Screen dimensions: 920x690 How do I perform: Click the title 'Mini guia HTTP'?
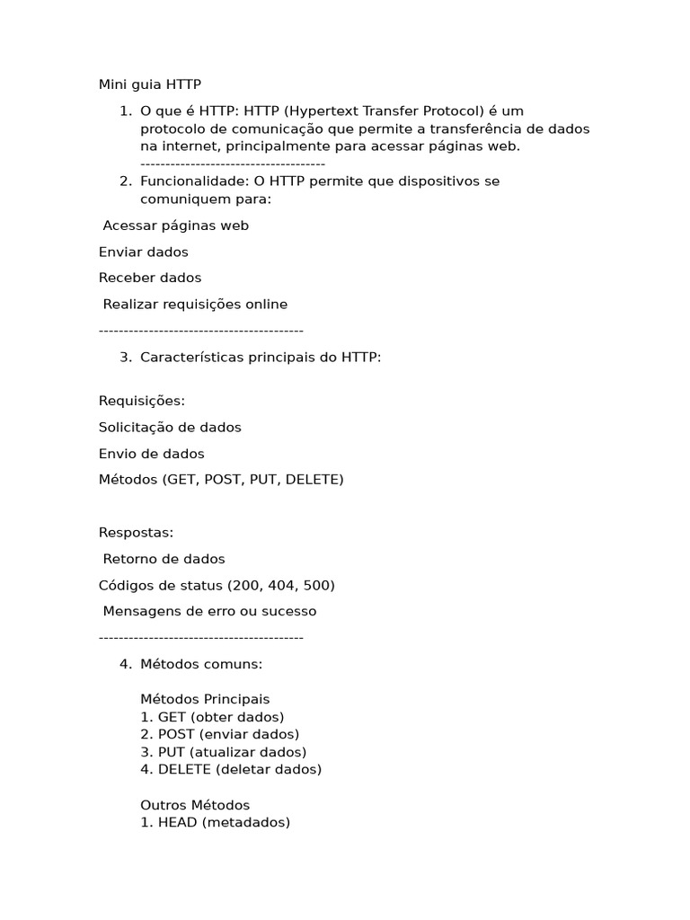(149, 84)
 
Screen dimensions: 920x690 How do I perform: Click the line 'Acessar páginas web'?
(175, 226)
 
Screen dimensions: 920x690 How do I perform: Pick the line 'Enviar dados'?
(143, 252)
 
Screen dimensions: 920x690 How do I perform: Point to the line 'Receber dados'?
(149, 278)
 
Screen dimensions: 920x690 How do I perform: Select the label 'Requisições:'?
(141, 401)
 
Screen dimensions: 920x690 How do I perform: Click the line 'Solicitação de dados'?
(170, 427)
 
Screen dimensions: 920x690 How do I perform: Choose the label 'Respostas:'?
(136, 533)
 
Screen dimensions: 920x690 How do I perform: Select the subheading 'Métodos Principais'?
(205, 699)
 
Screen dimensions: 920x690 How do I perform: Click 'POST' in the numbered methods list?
(176, 734)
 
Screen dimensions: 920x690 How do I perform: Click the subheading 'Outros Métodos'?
(195, 805)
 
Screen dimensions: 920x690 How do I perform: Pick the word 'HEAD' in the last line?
(178, 822)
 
